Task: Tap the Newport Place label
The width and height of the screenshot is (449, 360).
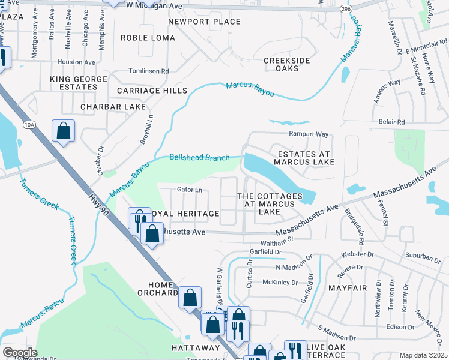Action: (196, 22)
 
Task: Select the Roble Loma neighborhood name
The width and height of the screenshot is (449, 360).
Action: (148, 38)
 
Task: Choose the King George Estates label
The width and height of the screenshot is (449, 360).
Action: (74, 83)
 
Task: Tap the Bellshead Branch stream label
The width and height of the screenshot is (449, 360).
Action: (199, 158)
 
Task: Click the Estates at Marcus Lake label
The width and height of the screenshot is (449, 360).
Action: (304, 158)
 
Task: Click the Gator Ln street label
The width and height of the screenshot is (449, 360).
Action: (189, 190)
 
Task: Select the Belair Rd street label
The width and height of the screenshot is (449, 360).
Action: (392, 122)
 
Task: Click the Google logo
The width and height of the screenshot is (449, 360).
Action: (19, 353)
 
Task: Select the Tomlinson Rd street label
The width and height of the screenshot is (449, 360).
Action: (148, 70)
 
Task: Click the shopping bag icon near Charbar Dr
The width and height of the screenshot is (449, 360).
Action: (63, 131)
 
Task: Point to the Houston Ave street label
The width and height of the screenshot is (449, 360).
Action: (76, 62)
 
